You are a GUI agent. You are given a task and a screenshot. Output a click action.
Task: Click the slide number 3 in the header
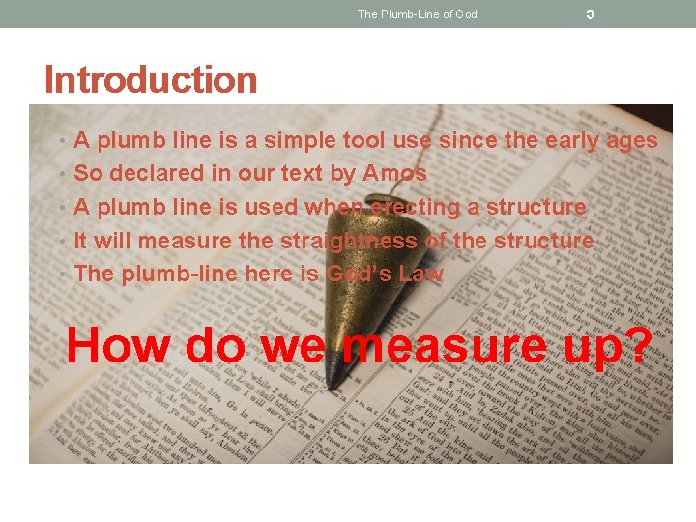(591, 14)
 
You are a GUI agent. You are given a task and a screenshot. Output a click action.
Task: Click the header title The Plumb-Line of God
(417, 14)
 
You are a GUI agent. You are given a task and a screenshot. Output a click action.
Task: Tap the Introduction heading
(151, 79)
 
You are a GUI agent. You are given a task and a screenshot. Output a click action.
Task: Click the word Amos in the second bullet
(394, 174)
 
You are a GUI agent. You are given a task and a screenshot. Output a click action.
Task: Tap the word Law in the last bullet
(420, 274)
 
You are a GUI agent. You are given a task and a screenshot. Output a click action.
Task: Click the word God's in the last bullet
(359, 274)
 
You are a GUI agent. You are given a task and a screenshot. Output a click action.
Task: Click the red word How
(117, 345)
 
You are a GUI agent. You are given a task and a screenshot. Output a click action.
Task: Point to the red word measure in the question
(444, 345)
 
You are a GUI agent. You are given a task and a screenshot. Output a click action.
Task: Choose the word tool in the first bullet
(363, 141)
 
